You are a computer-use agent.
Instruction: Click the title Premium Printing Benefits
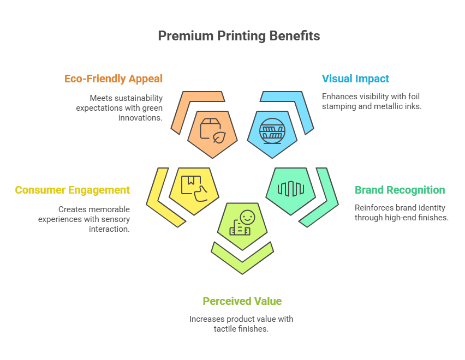pyautogui.click(x=239, y=36)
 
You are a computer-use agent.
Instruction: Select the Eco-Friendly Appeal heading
pyautogui.click(x=114, y=79)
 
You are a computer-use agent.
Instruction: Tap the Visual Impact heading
pyautogui.click(x=355, y=79)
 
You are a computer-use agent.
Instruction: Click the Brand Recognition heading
pyautogui.click(x=400, y=190)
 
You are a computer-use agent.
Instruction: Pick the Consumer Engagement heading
pyautogui.click(x=73, y=190)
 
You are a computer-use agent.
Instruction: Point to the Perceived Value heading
pyautogui.click(x=242, y=301)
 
